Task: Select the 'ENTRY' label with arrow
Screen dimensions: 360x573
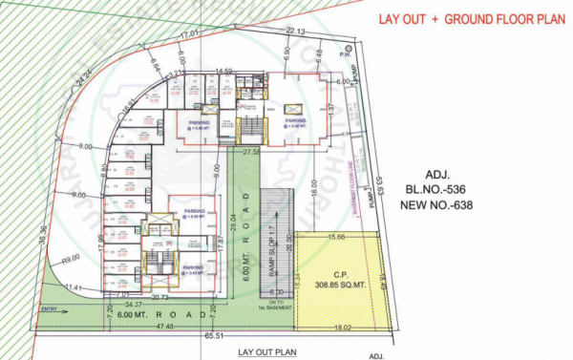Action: [x=49, y=308]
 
